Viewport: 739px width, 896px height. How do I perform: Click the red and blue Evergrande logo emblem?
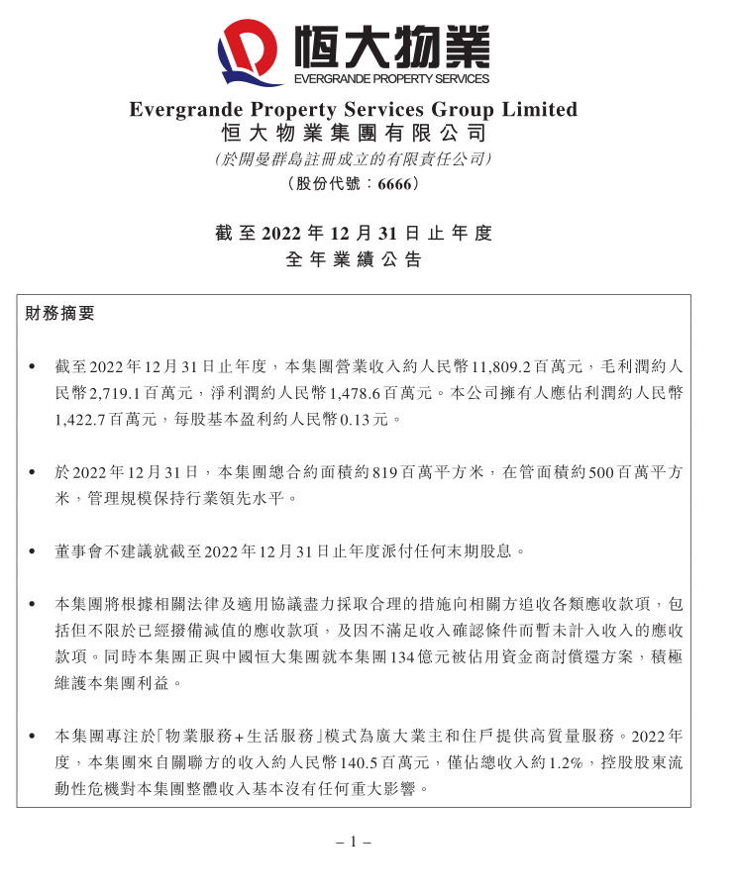[251, 49]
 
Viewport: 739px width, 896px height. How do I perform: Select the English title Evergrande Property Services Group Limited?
[353, 110]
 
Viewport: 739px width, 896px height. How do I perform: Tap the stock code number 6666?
[394, 184]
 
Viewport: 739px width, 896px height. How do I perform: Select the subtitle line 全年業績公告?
[353, 260]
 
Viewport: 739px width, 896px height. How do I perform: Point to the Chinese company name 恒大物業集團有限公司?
[353, 134]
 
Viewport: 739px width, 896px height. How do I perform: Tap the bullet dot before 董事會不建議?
[34, 550]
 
